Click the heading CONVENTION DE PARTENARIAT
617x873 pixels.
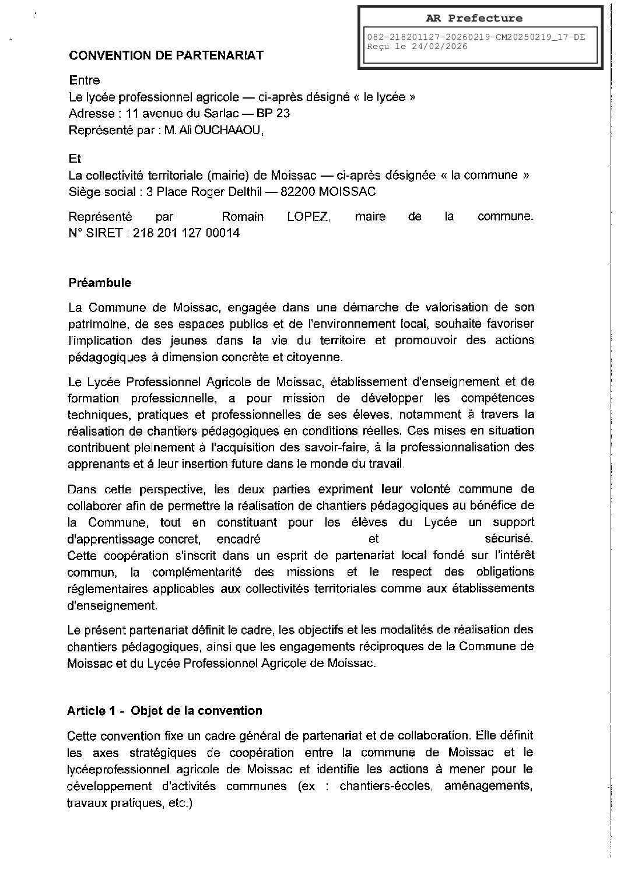tap(166, 55)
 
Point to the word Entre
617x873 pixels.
tap(85, 80)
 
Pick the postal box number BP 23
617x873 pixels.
tap(274, 113)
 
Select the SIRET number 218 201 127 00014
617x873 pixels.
tap(186, 233)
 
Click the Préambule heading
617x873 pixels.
tap(100, 283)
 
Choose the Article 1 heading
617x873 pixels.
tap(164, 710)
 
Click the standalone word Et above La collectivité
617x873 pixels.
tap(75, 159)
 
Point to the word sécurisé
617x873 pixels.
tap(509, 538)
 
